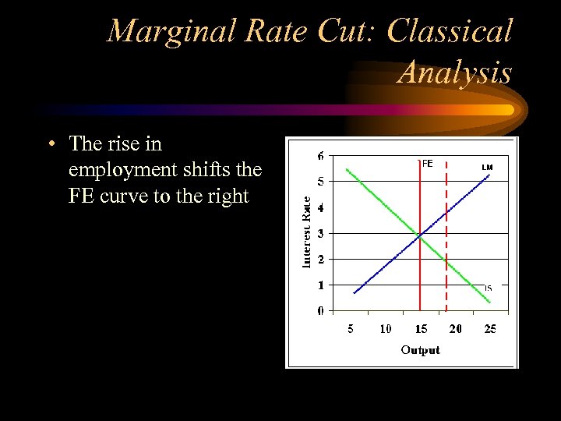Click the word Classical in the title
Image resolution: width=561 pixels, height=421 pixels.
[450, 32]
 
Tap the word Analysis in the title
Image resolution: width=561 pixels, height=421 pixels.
[455, 73]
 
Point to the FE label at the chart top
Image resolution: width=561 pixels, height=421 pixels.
[427, 164]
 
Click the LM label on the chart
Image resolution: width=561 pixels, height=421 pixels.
[487, 167]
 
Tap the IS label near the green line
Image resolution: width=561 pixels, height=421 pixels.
[488, 288]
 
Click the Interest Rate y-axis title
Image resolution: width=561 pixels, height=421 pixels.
[307, 232]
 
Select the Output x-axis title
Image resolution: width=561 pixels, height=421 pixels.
[420, 350]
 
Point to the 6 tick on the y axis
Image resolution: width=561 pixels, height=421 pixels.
[321, 156]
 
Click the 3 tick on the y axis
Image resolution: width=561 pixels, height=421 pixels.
[321, 233]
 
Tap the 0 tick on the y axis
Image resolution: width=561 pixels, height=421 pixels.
[321, 311]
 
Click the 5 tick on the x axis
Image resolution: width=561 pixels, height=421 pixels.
[351, 329]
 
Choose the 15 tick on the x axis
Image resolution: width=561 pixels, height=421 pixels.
[420, 329]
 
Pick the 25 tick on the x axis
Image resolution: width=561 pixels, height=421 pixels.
[490, 329]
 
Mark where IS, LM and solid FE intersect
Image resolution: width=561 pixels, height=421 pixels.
[420, 234]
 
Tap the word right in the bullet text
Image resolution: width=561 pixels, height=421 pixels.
[226, 196]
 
